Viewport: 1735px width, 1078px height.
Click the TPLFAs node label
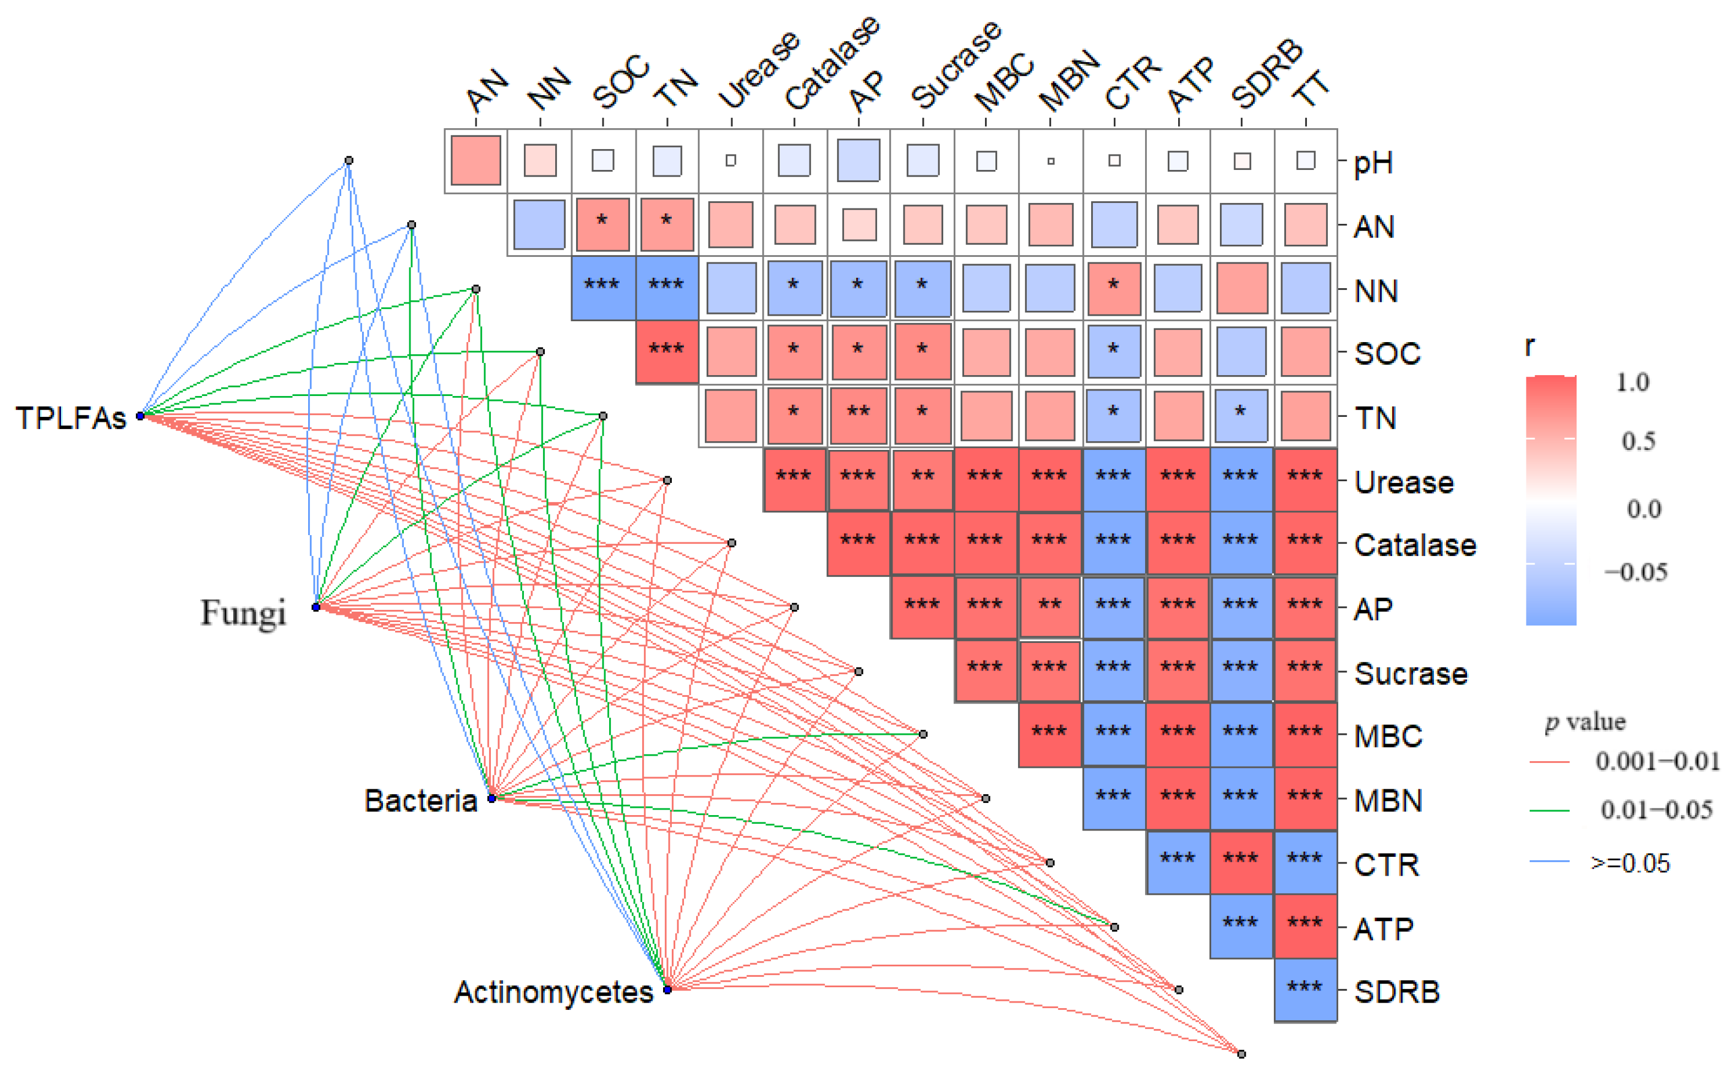(70, 419)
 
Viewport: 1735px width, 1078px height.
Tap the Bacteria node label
(421, 801)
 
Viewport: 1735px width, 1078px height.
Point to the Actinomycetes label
(554, 992)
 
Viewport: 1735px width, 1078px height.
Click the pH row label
(1373, 163)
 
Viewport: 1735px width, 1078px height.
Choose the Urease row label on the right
(1403, 483)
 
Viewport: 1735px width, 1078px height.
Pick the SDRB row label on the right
(1396, 992)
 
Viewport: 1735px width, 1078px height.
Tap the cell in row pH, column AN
(475, 161)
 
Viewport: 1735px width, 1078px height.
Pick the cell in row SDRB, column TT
(1305, 991)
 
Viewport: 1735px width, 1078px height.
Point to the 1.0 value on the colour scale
(1632, 383)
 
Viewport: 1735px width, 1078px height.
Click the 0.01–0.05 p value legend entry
(1656, 810)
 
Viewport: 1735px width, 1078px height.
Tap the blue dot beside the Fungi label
(316, 607)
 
